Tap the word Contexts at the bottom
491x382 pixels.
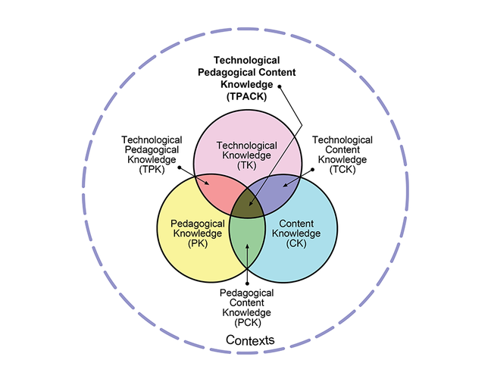coord(250,340)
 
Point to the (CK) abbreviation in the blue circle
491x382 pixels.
coord(296,244)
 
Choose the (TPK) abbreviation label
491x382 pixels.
coord(152,171)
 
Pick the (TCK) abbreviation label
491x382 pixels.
coord(342,171)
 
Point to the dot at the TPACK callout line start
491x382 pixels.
coord(280,86)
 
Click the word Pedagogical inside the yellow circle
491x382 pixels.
coord(197,224)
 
